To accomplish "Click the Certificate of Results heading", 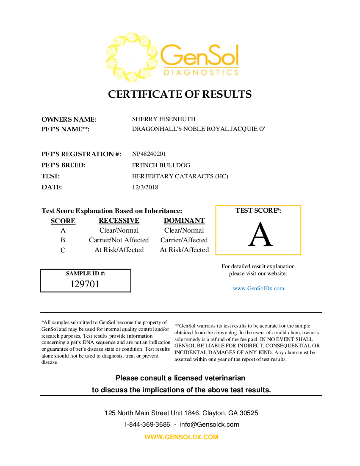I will click(x=180, y=94).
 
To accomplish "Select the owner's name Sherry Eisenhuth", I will click(x=163, y=119).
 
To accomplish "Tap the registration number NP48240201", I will click(x=149, y=154).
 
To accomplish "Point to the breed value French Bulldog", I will click(x=161, y=165).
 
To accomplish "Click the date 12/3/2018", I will click(x=145, y=187).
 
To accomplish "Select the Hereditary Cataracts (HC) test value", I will click(x=180, y=176).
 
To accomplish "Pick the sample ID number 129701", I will click(x=85, y=284).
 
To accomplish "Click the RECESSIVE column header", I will click(x=119, y=221).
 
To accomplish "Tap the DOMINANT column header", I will click(x=184, y=221).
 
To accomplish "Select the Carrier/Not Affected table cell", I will click(x=119, y=240).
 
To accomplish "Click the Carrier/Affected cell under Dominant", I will click(x=184, y=240).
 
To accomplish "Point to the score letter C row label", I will click(x=63, y=250).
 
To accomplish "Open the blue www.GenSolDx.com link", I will click(x=258, y=288).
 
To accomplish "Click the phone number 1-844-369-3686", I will click(x=147, y=424).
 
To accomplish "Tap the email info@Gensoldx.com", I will click(x=209, y=424).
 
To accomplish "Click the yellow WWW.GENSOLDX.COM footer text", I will click(x=181, y=437).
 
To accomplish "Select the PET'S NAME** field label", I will click(x=65, y=129).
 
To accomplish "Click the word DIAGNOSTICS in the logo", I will click(x=201, y=72).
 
